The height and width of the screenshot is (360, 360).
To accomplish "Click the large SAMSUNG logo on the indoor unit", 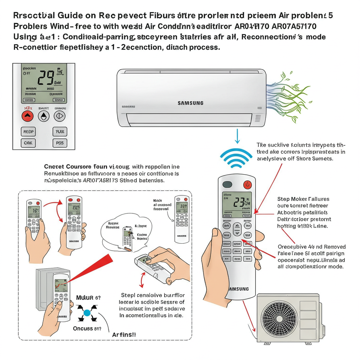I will tap(190, 103).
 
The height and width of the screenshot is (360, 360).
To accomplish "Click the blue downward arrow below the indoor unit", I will tap(237, 136).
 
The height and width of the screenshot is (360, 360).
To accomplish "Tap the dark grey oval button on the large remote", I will tap(227, 184).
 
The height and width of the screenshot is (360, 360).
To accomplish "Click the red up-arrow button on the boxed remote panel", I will tap(28, 116).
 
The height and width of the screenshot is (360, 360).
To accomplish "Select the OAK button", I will tap(28, 143).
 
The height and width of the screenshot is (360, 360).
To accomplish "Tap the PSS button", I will tap(59, 143).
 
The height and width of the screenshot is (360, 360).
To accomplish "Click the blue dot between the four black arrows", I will tap(87, 313).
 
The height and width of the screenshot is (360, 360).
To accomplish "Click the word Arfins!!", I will tap(124, 335).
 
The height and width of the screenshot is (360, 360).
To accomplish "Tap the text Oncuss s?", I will tap(87, 328).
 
